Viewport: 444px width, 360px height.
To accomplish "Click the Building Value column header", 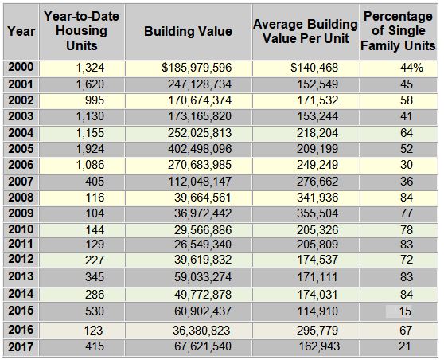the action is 188,31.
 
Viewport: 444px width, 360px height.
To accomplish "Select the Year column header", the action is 21,31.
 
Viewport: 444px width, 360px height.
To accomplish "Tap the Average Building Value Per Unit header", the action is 306,32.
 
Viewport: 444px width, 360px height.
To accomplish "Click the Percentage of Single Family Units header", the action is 398,31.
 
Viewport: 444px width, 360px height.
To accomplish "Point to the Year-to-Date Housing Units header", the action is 81,31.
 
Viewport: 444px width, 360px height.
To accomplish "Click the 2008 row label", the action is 21,198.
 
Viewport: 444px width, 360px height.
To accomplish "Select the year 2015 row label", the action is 21,311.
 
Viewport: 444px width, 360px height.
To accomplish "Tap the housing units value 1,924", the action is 90,149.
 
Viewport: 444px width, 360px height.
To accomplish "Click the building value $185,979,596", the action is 197,68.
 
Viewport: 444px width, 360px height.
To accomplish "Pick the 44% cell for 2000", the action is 411,68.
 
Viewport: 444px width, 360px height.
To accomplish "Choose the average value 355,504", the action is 317,213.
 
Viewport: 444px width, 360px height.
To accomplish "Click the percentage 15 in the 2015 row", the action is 405,311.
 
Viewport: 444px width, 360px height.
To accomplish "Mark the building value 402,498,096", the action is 200,149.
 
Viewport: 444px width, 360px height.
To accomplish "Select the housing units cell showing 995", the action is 95,100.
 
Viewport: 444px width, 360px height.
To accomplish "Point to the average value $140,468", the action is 314,68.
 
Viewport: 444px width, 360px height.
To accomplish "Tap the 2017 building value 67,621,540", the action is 203,346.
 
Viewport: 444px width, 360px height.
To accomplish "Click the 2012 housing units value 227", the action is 95,260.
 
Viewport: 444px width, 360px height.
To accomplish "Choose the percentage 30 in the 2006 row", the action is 407,165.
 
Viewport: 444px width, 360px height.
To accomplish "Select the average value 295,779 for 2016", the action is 317,331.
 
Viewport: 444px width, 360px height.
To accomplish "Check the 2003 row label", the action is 21,116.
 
